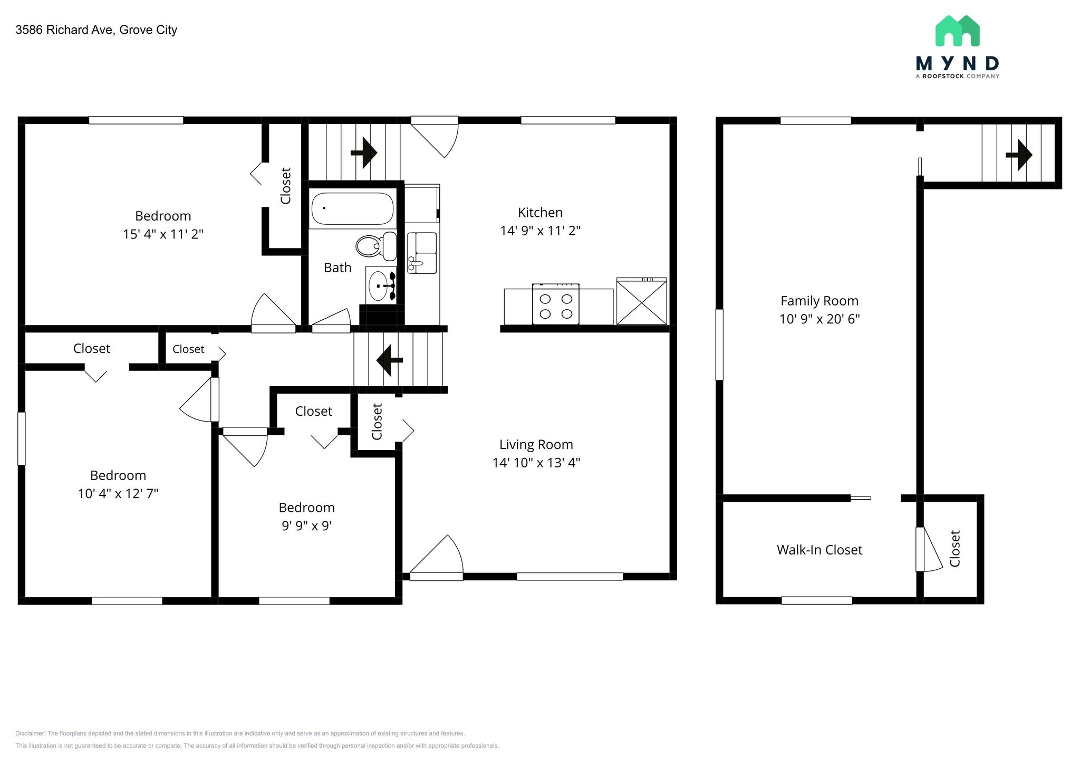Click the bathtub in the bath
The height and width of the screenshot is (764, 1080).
click(352, 208)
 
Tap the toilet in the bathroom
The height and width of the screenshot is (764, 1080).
click(375, 246)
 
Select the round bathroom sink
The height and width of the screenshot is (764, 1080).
click(379, 285)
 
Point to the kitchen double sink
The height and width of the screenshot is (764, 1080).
click(422, 253)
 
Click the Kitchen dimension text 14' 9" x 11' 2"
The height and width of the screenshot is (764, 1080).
click(540, 231)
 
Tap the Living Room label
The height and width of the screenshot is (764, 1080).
click(536, 445)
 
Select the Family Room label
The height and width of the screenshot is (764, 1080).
click(819, 301)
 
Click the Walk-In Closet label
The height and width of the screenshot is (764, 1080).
click(819, 550)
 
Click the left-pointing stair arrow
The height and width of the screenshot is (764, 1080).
click(389, 360)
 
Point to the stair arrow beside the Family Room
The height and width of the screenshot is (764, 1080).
click(1019, 155)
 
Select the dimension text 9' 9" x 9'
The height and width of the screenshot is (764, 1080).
click(306, 526)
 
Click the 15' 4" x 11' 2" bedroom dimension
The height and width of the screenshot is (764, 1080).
click(163, 234)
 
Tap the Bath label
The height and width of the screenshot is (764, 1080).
click(337, 268)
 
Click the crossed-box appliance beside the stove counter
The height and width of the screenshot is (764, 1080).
click(641, 302)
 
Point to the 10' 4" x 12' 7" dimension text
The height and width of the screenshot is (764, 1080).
click(118, 494)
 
